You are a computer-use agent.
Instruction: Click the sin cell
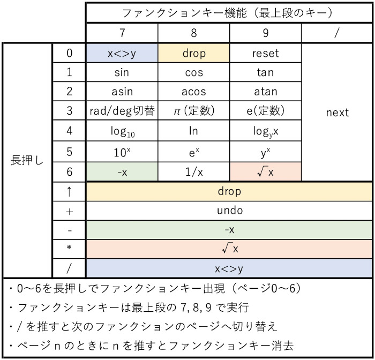122,72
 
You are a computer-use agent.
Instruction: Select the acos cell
194,92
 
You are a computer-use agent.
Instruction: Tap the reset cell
265,54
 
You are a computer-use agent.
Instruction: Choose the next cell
337,112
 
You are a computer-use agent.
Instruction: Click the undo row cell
229,211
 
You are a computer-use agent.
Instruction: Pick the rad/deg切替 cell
122,111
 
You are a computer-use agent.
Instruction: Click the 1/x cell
194,171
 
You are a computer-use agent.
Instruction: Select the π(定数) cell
194,111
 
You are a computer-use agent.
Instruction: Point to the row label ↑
69,191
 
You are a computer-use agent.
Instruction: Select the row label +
69,211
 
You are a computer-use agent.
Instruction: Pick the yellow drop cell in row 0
194,54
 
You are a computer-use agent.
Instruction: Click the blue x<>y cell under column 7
122,54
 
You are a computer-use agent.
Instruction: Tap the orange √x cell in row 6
265,171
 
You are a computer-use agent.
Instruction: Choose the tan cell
265,72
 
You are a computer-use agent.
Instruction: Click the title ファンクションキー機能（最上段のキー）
229,12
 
